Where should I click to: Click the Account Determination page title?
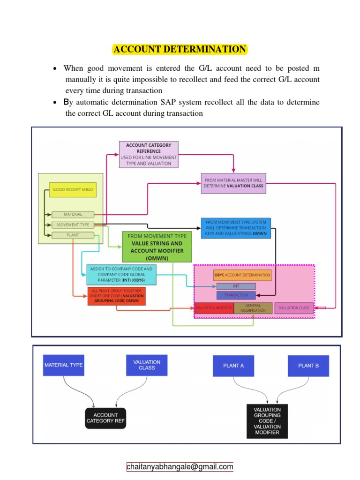pyautogui.click(x=180, y=49)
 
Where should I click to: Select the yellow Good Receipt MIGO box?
pyautogui.click(x=73, y=190)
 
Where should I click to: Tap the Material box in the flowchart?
pyautogui.click(x=73, y=215)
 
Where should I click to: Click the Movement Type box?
pyautogui.click(x=73, y=225)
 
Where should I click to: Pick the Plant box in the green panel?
pyautogui.click(x=73, y=235)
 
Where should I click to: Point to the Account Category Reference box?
pyautogui.click(x=149, y=154)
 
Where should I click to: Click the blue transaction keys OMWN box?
pyautogui.click(x=236, y=228)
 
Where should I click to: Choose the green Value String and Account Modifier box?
pyautogui.click(x=157, y=247)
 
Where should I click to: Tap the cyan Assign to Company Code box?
pyautogui.click(x=121, y=275)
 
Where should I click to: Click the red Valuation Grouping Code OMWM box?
pyautogui.click(x=116, y=296)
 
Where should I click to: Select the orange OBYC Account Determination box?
pyautogui.click(x=242, y=275)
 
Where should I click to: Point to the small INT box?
pyautogui.click(x=236, y=286)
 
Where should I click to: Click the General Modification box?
pyautogui.click(x=253, y=308)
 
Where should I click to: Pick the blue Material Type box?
pyautogui.click(x=64, y=365)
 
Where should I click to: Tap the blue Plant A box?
pyautogui.click(x=234, y=366)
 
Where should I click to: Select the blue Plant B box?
pyautogui.click(x=307, y=366)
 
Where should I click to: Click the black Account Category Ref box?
pyautogui.click(x=105, y=418)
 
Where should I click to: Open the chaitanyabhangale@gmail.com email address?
pyautogui.click(x=180, y=467)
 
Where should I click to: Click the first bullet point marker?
pyautogui.click(x=55, y=69)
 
